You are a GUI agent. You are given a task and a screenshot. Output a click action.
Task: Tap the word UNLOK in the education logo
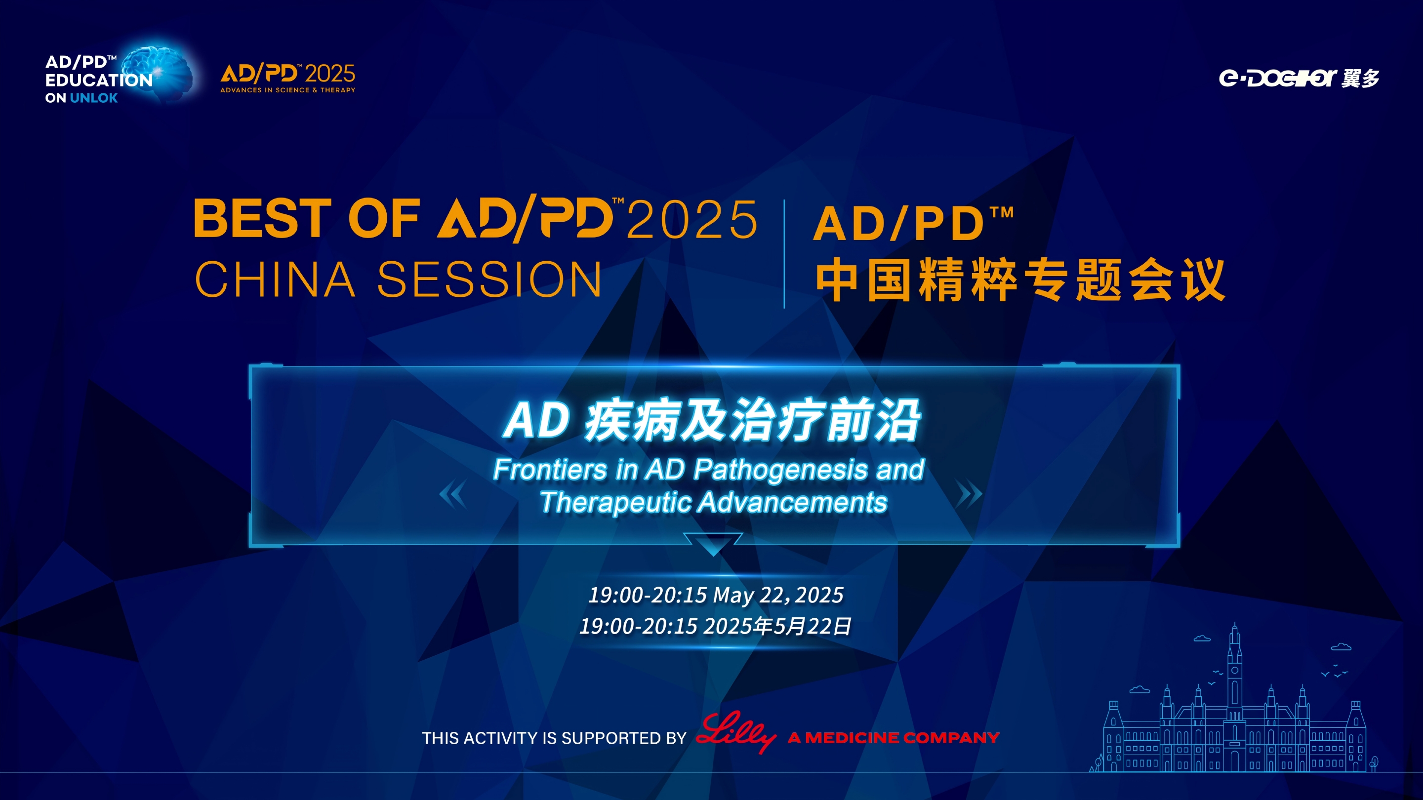click(94, 98)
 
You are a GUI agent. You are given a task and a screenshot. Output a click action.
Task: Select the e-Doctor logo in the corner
click(1299, 78)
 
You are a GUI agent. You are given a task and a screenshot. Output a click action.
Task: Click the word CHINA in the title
click(275, 280)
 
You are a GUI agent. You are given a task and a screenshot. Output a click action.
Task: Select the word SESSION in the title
click(489, 280)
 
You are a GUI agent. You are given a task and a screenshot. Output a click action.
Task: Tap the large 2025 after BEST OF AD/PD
click(692, 219)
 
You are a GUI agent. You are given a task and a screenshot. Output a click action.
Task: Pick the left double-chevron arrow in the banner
click(453, 493)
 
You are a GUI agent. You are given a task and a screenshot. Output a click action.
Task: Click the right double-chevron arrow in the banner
click(969, 493)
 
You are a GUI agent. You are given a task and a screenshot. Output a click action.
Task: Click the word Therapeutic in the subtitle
click(616, 502)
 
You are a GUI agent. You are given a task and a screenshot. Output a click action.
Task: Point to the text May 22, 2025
click(778, 595)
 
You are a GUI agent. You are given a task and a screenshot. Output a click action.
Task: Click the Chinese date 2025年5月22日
click(778, 626)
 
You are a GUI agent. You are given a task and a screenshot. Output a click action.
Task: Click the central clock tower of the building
click(1235, 696)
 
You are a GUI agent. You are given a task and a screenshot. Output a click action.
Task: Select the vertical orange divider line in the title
click(784, 254)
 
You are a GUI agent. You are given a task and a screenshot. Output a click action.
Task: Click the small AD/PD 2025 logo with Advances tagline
click(288, 78)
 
